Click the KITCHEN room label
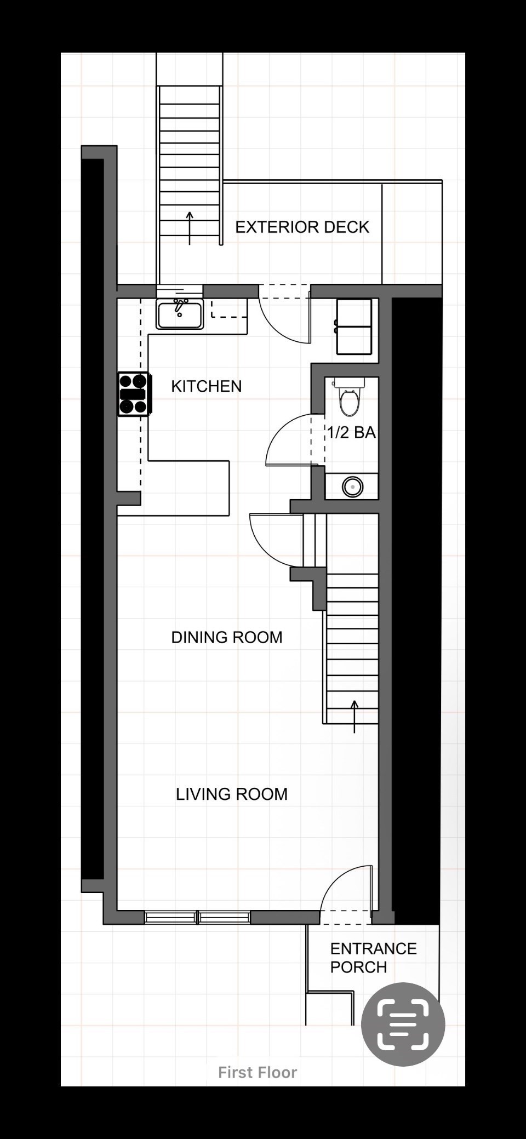[206, 386]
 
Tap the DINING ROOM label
[227, 637]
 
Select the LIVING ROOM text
[231, 794]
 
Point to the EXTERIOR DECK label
[302, 227]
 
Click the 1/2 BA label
[351, 432]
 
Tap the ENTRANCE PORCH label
[373, 958]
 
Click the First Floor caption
[258, 1072]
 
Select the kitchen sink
[180, 314]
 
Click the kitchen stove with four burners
[134, 393]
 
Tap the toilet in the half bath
[349, 397]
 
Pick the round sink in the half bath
[352, 486]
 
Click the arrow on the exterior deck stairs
[190, 228]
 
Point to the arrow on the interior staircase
[355, 717]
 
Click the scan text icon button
[403, 1024]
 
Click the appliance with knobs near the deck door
[354, 327]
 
